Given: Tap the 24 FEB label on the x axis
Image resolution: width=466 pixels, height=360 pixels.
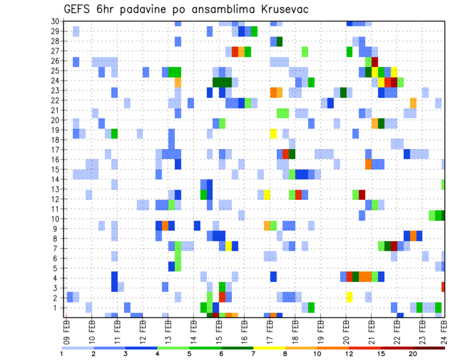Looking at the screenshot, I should coord(445,331).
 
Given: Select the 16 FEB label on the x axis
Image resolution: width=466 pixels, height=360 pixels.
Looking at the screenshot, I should coord(244,331).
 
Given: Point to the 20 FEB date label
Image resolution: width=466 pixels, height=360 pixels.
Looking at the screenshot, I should coord(345,331).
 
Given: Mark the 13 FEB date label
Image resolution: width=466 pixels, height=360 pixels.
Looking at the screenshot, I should coord(167,331).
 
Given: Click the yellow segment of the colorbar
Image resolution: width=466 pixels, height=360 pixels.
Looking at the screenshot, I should coord(269,348).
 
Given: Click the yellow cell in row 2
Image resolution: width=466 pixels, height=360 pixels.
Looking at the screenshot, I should coord(349,297).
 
